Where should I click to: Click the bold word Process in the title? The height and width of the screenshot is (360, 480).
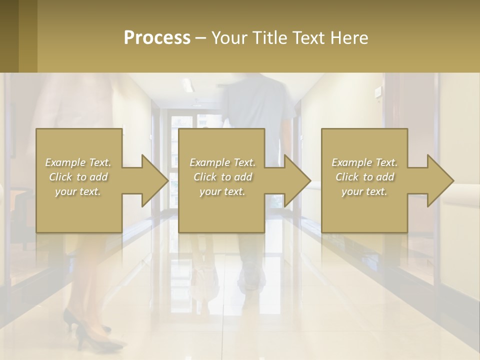coord(157,38)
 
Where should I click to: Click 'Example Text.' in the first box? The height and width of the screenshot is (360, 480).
coord(78,162)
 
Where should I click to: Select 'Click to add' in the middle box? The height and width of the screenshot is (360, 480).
coord(222,177)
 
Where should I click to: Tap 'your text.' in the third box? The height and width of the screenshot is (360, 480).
coord(364,191)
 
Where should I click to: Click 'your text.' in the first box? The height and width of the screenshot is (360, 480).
coord(78,191)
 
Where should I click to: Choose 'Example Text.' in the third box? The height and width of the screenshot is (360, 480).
coord(364,162)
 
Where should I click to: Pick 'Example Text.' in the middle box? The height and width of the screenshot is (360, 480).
coord(222,162)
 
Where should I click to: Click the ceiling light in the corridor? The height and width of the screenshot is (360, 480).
coord(187,85)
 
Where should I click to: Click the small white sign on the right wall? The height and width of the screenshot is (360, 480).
coord(378,90)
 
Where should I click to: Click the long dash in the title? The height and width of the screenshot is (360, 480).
coord(201,38)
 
